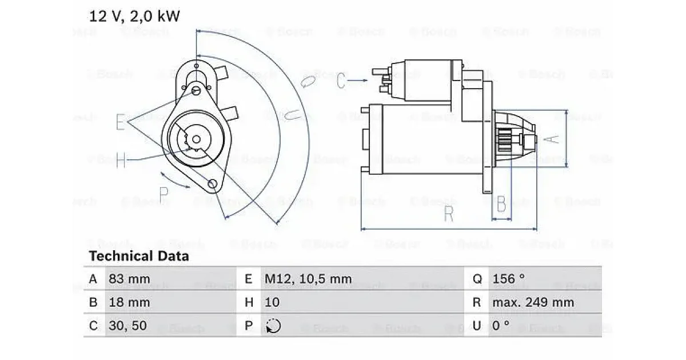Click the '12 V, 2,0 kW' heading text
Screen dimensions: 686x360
point(134,16)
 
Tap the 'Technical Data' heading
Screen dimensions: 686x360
point(139,256)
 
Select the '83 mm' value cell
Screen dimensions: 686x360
point(129,279)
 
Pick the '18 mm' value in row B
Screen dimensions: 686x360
point(129,302)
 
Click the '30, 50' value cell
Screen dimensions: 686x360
point(127,325)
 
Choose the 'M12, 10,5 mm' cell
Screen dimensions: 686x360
point(308,279)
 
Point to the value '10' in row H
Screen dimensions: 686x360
point(272,302)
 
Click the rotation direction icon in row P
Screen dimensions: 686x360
point(273,326)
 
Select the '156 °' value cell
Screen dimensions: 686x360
point(508,279)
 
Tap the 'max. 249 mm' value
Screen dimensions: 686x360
point(533,302)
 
